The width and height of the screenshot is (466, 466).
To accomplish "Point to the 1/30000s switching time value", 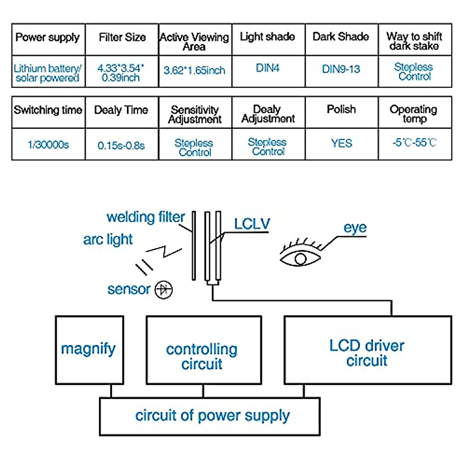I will (48, 145).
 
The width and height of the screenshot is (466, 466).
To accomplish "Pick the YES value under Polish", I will (341, 143).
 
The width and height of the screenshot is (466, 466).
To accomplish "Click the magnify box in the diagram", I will (89, 349).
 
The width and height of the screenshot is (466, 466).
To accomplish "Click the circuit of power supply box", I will (210, 416).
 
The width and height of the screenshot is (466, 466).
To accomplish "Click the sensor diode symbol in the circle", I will (163, 290).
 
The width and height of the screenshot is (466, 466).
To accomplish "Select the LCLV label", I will (252, 224).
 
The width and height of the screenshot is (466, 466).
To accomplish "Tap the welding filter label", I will (146, 217).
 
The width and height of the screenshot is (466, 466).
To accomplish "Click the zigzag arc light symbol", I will (164, 250).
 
